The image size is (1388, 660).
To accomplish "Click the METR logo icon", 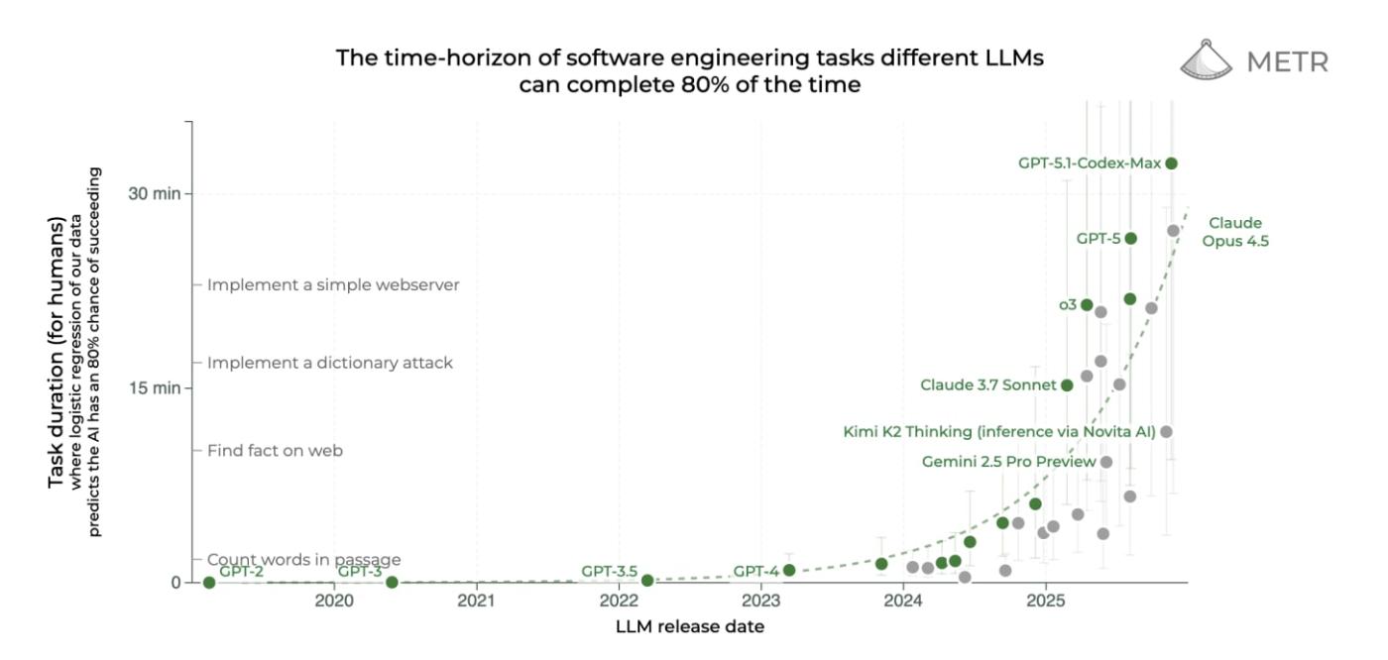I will [1207, 60].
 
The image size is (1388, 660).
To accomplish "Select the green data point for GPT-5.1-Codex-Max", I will [1171, 164].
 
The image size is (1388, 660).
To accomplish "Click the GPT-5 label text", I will [1097, 238].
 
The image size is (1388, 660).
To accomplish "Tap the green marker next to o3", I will [1087, 305].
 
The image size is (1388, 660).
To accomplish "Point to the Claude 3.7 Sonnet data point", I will [1067, 385].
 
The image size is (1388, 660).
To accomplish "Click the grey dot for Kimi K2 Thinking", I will [1166, 431].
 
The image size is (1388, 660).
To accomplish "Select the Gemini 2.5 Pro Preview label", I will [1008, 462].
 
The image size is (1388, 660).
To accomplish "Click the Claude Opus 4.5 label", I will [1235, 232].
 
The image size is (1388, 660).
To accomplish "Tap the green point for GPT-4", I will [789, 570].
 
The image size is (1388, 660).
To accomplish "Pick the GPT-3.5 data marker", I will [647, 580].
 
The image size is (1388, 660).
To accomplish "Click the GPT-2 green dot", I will [209, 582].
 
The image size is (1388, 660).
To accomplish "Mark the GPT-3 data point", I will [392, 582].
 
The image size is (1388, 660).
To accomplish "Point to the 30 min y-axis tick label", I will [155, 193].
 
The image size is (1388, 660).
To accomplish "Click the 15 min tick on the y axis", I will [155, 387].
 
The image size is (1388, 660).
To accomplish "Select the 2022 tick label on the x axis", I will [619, 602].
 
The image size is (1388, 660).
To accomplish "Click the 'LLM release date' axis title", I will [690, 626].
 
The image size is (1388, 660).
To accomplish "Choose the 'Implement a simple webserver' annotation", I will [333, 285].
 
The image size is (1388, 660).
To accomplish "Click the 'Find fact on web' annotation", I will [275, 451].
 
